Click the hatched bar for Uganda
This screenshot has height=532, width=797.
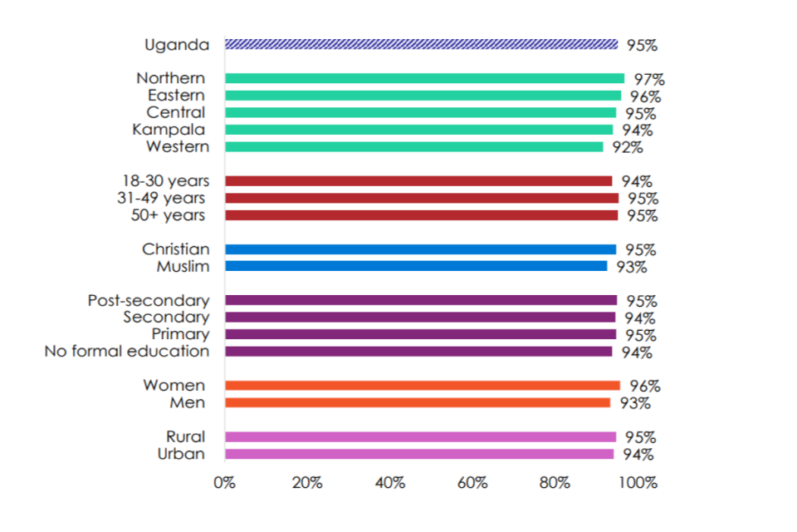[x=422, y=44]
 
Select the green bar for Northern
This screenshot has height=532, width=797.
[x=424, y=78]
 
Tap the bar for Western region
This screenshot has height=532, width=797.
[x=413, y=147]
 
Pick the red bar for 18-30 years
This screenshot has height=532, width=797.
[x=418, y=181]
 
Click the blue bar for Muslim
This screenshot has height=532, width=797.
[x=416, y=266]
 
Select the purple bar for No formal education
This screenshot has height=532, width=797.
[x=418, y=352]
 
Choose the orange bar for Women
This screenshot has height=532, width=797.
[x=422, y=386]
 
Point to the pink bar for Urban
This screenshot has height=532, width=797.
[x=419, y=454]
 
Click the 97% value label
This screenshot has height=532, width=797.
[x=648, y=80]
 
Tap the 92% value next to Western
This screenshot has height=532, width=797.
[x=628, y=148]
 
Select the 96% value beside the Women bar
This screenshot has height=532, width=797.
[x=644, y=387]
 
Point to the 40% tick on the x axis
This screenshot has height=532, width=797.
[x=389, y=484]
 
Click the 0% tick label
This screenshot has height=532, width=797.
[x=225, y=484]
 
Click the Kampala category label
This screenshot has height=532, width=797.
[x=169, y=130]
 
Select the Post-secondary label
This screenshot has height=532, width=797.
[x=149, y=301]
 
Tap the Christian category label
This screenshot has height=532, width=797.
[x=175, y=249]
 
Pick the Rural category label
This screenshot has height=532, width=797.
[x=185, y=437]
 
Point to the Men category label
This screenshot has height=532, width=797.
[x=188, y=403]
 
